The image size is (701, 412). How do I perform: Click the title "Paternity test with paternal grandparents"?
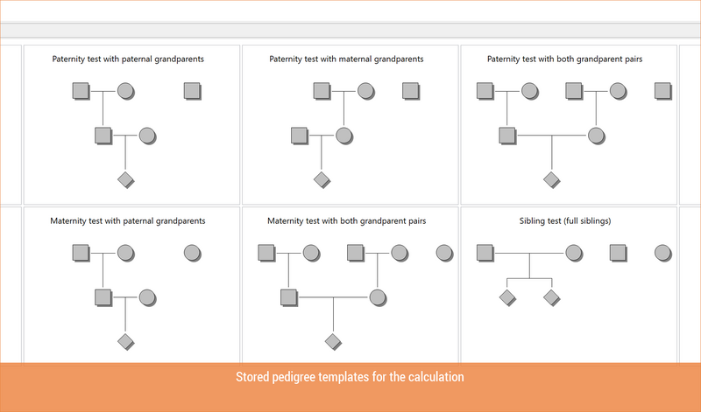pos(128,59)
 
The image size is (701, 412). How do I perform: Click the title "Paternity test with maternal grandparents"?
pos(346,59)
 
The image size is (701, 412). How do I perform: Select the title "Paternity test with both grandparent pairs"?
pos(564,59)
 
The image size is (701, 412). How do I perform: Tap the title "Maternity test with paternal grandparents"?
pos(128,221)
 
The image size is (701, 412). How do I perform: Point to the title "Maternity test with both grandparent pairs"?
pos(346,221)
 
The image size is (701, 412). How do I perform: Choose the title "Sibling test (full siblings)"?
pos(565,221)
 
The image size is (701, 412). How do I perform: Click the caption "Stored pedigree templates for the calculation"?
pos(350,377)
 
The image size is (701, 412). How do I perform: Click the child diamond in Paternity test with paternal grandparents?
pos(126,180)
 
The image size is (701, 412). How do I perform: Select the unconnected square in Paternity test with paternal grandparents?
pos(192,91)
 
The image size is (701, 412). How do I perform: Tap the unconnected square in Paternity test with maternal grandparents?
pos(411,91)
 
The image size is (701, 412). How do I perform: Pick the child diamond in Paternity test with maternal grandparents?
pos(322,180)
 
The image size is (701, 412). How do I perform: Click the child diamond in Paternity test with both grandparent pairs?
pos(552,180)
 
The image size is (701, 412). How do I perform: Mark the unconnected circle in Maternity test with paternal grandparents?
pos(192,253)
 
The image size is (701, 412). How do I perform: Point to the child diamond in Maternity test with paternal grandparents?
pos(126,342)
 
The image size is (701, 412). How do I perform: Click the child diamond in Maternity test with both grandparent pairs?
pos(333,342)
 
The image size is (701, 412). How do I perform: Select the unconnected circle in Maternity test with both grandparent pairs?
pos(444,253)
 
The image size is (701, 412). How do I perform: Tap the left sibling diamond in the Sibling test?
pos(507,297)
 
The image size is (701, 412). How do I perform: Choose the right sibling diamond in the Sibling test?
pos(552,297)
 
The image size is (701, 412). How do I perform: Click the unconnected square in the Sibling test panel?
pos(619,253)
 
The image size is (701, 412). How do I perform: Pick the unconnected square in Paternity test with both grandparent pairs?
pos(663,91)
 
